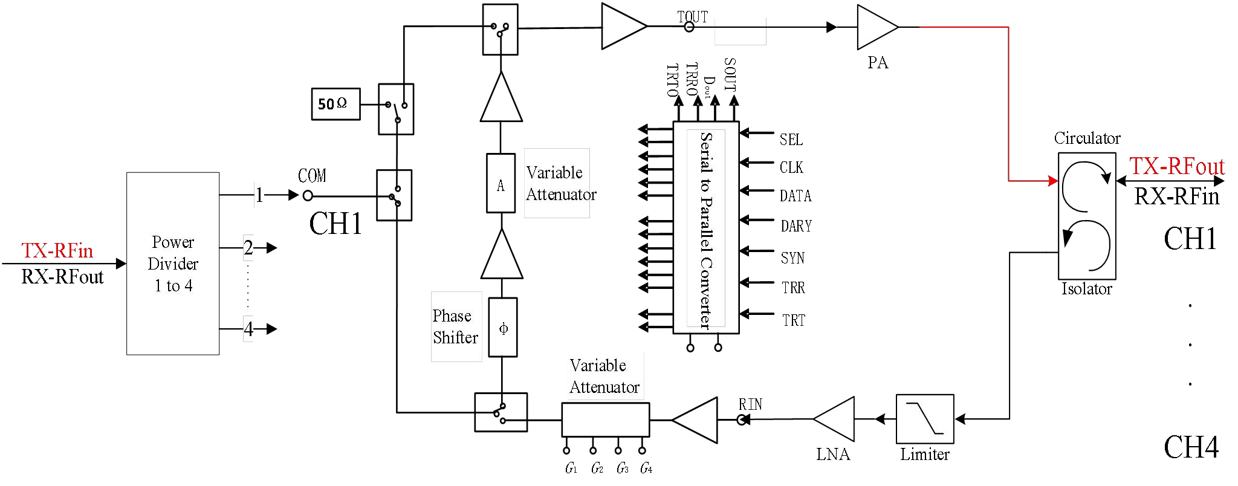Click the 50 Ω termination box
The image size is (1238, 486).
point(335,104)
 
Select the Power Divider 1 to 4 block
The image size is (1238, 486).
point(173,264)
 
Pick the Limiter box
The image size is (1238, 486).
point(924,419)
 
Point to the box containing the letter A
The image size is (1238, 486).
point(501,183)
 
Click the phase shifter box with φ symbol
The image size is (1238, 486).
point(503,328)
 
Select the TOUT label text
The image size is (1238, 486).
point(692,17)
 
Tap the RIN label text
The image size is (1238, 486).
point(750,404)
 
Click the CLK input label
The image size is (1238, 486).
point(791,167)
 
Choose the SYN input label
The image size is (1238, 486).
point(792,258)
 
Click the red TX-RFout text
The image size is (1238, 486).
point(1176,166)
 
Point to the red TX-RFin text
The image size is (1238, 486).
point(57,250)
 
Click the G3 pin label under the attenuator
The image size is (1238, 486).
point(622,468)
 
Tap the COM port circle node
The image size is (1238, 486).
point(308,196)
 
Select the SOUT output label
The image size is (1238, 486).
point(730,74)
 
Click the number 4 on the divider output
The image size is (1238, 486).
point(248,329)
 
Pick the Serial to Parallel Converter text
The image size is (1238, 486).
point(706,230)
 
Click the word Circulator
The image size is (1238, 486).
point(1087,138)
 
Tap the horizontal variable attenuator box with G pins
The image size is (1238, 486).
point(605,420)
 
